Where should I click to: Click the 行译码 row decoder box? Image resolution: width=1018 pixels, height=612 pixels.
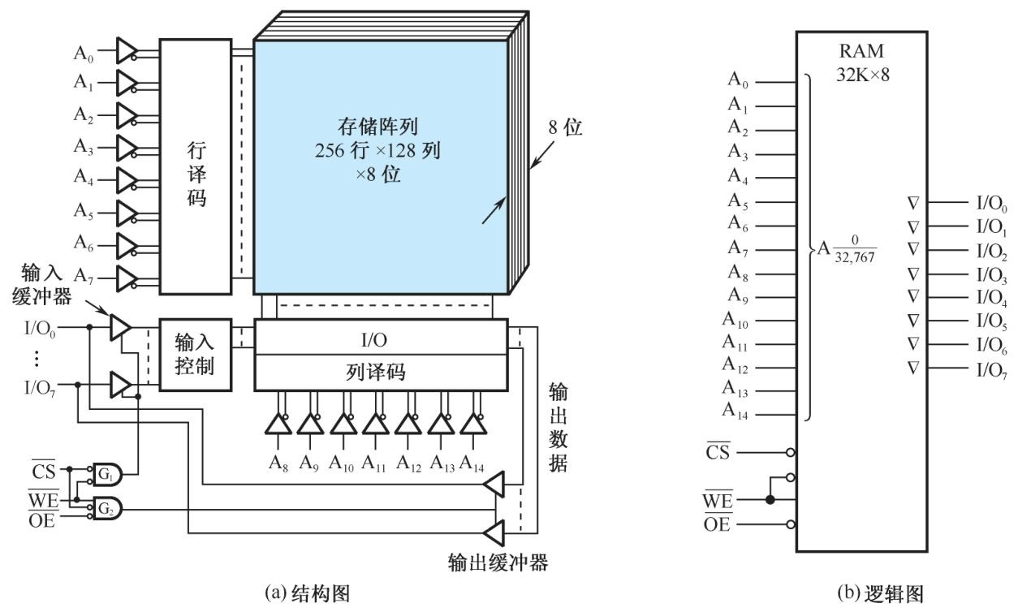[194, 166]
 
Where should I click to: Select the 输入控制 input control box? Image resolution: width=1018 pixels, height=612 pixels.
[194, 355]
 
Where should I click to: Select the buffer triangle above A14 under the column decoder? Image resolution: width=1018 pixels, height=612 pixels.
[472, 424]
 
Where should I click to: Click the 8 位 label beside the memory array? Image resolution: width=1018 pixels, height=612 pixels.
[565, 128]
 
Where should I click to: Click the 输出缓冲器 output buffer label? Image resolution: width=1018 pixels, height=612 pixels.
[498, 562]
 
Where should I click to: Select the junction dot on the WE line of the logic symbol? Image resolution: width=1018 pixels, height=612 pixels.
[770, 498]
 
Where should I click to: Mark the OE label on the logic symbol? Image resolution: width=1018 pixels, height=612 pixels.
[718, 523]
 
